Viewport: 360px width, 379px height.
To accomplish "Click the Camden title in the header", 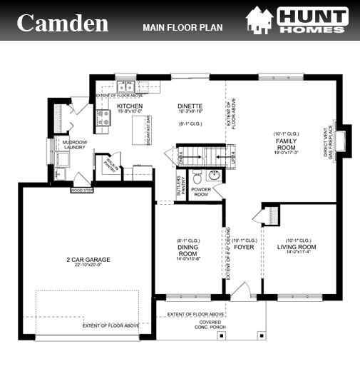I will pos(62,23).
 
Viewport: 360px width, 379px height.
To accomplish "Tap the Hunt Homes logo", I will pos(298,22).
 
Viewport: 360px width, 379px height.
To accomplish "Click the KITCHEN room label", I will pos(130,106).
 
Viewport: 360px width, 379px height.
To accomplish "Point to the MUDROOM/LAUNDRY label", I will pos(75,145).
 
